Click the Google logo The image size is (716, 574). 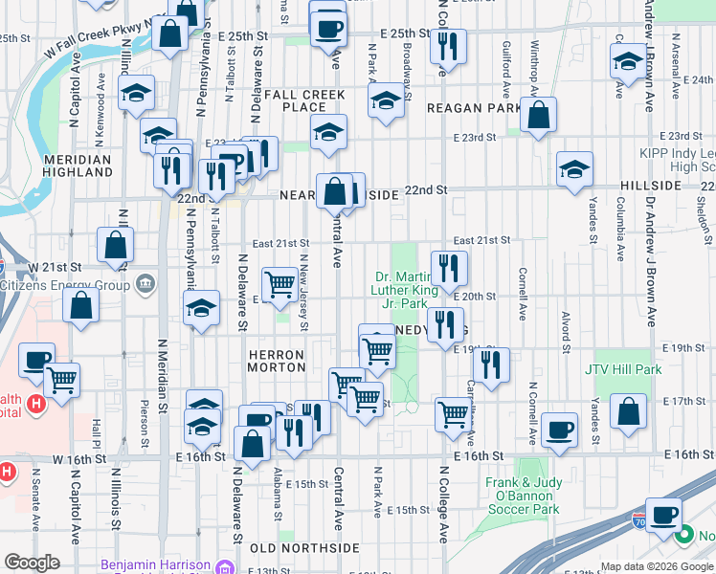pos(32,563)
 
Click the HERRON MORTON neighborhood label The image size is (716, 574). pos(277,361)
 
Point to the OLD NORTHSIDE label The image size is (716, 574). pos(304,548)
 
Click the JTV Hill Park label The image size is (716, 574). pos(623,369)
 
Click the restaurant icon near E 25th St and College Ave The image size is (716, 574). pos(447,45)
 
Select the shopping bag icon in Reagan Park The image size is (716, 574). pos(539,115)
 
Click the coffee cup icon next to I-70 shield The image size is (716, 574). pos(662,515)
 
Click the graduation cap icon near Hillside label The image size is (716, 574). pos(574,169)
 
